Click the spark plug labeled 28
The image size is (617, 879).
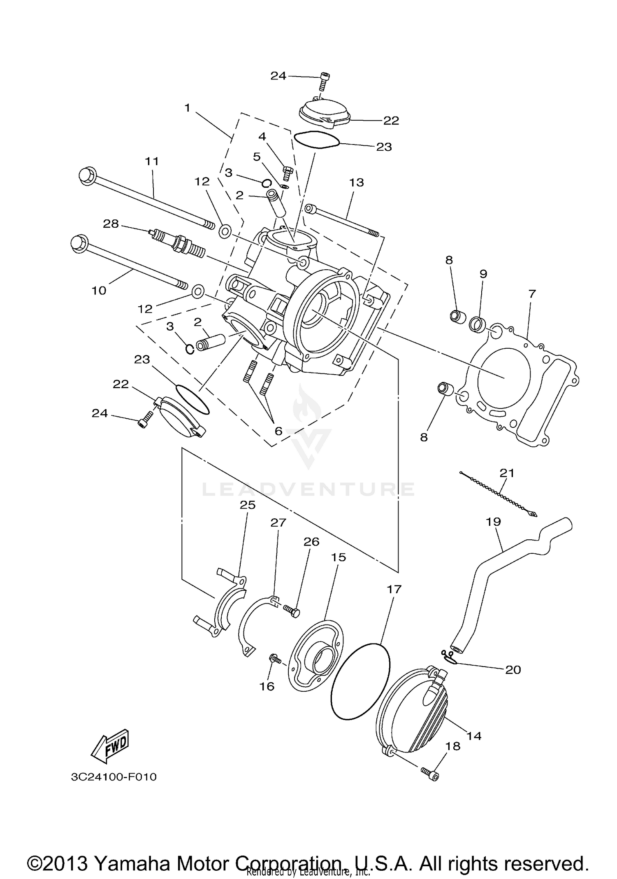(x=178, y=244)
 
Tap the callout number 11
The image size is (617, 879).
(x=152, y=161)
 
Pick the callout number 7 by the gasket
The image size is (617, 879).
(x=532, y=294)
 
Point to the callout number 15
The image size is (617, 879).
(x=339, y=557)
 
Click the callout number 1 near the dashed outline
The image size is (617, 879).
(x=188, y=108)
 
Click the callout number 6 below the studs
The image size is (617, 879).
(x=278, y=431)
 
